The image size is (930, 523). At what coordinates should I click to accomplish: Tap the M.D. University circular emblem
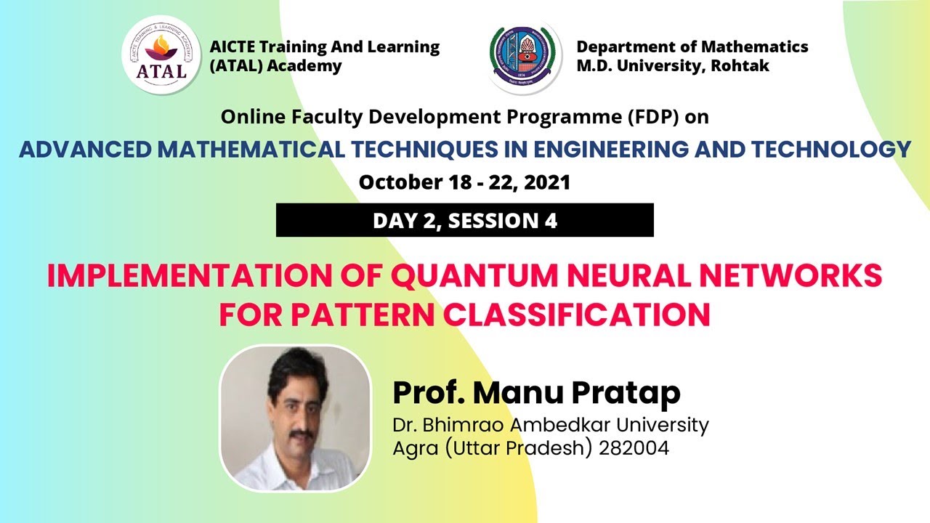(x=525, y=56)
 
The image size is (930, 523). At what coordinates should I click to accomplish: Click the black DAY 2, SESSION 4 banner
(x=465, y=220)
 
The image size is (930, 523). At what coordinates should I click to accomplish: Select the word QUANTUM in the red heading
(x=482, y=277)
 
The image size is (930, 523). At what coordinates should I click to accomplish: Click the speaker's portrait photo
(x=295, y=418)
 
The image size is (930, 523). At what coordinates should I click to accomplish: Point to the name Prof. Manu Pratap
(x=536, y=393)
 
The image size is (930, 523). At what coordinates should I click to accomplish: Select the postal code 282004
(x=634, y=448)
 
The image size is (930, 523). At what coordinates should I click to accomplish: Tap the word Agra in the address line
(x=413, y=448)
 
